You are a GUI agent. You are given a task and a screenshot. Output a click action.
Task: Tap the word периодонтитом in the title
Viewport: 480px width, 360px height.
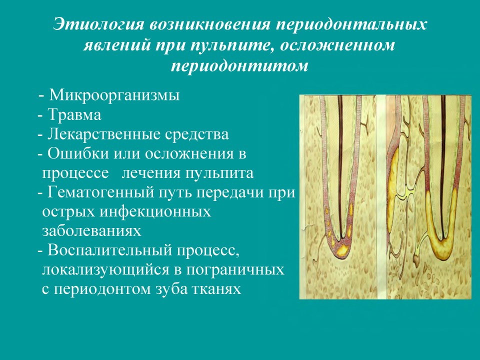pos(239,66)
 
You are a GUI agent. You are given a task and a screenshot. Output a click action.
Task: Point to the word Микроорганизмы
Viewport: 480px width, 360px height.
pos(114,95)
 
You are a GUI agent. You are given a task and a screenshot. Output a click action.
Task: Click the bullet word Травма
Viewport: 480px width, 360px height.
pos(74,115)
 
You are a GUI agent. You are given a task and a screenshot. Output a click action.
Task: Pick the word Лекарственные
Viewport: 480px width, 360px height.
pos(104,134)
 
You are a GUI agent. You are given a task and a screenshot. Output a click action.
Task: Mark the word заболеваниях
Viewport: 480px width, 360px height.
pos(91,231)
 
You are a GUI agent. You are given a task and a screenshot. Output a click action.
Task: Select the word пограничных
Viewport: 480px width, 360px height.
pos(235,270)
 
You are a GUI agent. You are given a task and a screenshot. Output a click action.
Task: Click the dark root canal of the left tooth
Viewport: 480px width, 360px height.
pos(340,165)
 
